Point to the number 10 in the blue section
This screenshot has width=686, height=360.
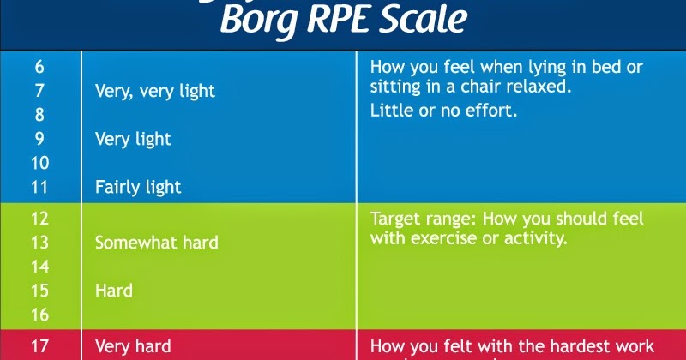39,162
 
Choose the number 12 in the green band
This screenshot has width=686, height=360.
40,219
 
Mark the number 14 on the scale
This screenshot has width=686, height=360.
40,267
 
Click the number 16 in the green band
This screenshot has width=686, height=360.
40,315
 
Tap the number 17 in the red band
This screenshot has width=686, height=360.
40,346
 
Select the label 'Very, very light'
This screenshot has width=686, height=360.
155,90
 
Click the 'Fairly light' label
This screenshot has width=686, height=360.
138,186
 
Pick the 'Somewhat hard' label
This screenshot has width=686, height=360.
156,243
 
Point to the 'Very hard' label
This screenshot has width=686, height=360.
132,346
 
